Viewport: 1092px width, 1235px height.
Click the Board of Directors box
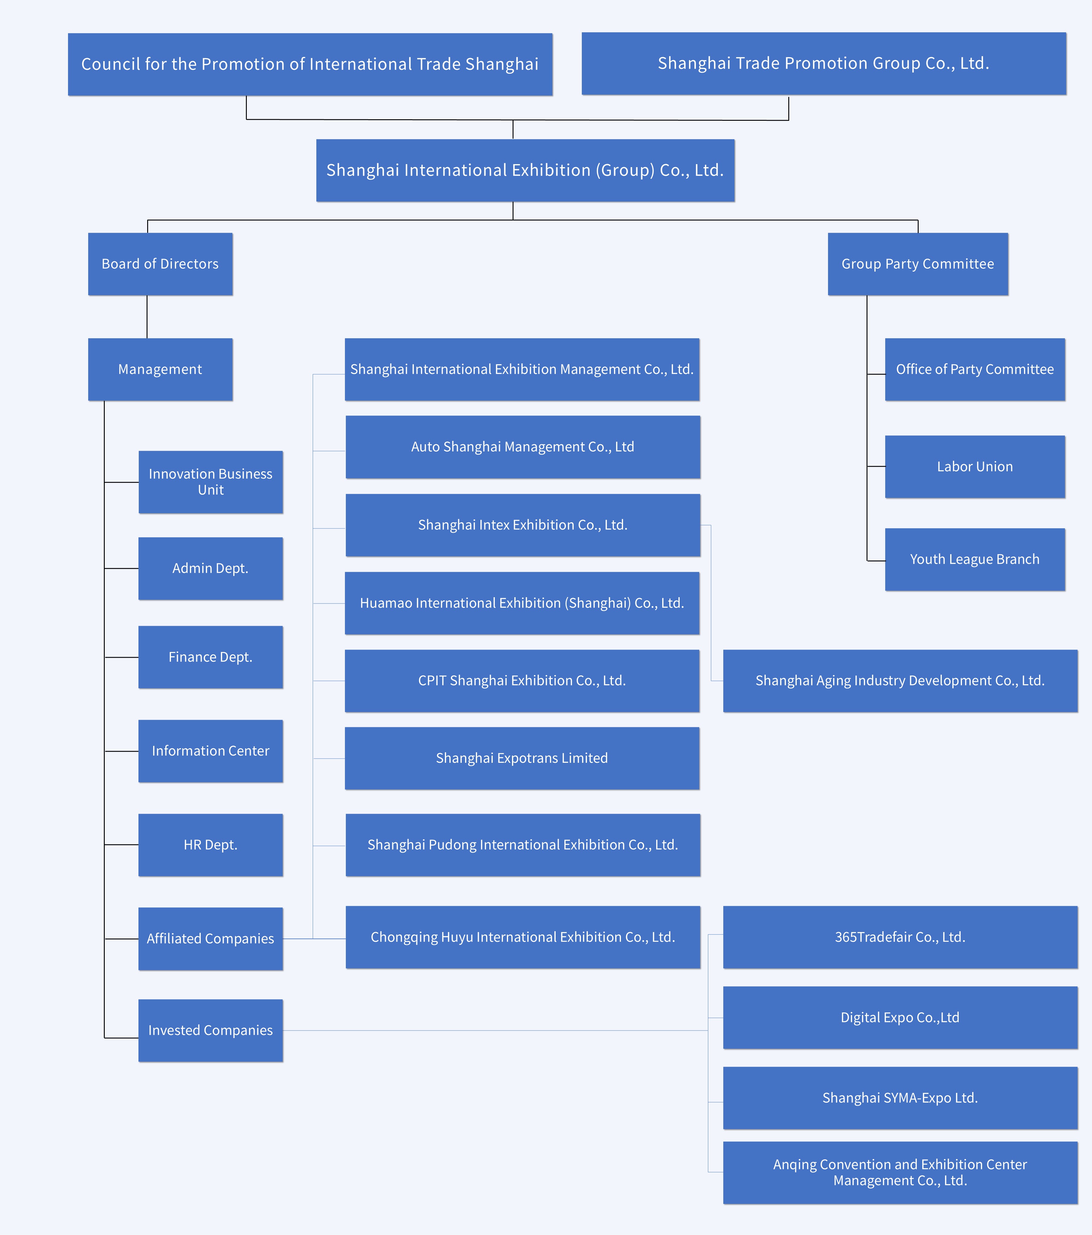[x=160, y=264]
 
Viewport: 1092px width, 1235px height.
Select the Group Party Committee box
[x=917, y=264]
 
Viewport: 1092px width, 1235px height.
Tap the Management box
[x=160, y=369]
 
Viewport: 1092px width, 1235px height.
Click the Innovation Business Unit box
[x=210, y=482]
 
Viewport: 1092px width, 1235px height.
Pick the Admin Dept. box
[x=210, y=569]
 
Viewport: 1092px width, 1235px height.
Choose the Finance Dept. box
[x=210, y=657]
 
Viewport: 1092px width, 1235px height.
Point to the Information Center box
[x=210, y=751]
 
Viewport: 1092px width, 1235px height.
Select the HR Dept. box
[x=210, y=845]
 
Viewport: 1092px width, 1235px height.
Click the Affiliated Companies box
[x=210, y=939]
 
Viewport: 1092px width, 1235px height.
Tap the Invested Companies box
[x=210, y=1030]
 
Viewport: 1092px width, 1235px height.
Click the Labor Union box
[x=975, y=466]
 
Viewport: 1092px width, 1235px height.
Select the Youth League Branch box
[x=975, y=560]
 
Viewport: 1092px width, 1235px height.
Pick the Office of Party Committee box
[x=975, y=369]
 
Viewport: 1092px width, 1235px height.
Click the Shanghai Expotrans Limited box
[x=522, y=758]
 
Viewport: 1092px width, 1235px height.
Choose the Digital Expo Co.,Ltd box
[x=900, y=1018]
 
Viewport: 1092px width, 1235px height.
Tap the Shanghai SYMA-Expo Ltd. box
[x=900, y=1098]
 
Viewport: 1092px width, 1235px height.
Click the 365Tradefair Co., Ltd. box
[x=900, y=937]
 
